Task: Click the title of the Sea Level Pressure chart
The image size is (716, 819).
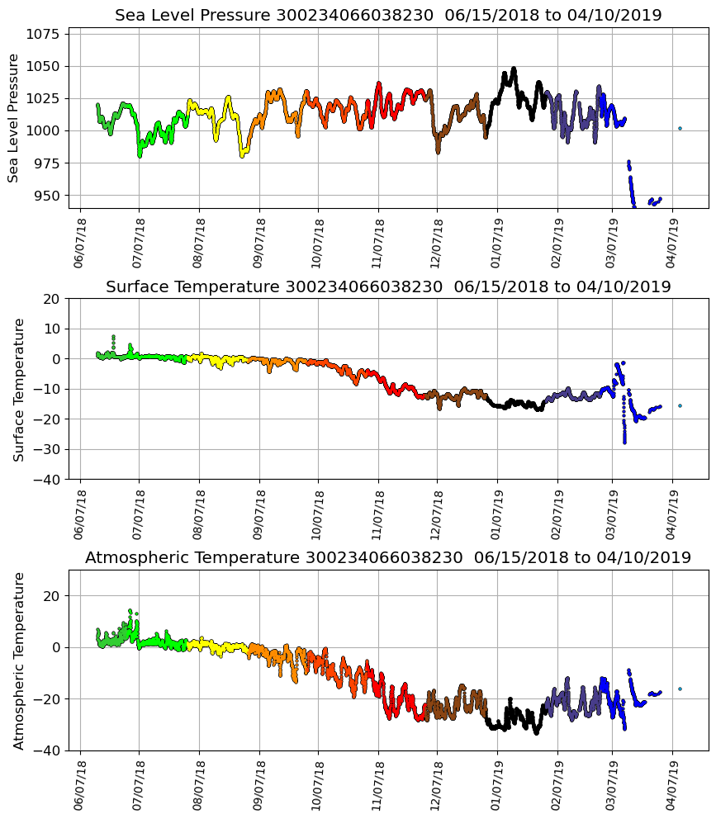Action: (x=388, y=16)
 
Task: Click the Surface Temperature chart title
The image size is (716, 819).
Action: (x=388, y=287)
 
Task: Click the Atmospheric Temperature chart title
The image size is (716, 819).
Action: (x=388, y=558)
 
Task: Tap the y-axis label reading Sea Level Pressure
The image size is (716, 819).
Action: (x=13, y=118)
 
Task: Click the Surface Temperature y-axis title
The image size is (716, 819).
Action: (x=18, y=389)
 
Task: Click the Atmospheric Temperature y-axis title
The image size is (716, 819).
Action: (x=18, y=660)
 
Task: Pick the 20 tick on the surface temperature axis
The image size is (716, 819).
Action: (x=51, y=299)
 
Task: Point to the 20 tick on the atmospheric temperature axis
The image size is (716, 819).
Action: (x=51, y=595)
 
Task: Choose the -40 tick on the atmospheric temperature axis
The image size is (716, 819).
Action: (x=48, y=751)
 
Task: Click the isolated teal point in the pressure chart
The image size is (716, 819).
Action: (x=680, y=128)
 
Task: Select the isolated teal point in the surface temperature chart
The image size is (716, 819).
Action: (x=680, y=405)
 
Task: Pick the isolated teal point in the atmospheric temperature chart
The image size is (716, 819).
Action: (x=680, y=689)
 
